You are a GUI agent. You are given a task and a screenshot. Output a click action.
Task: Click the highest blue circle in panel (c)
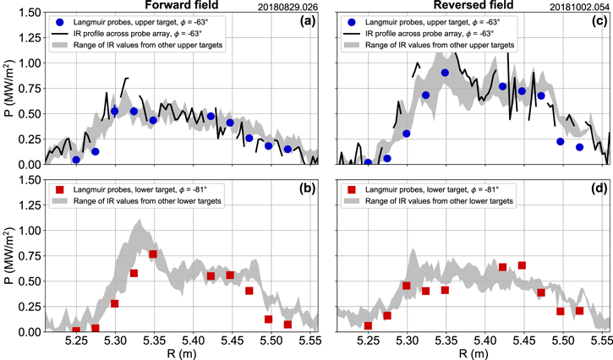[445, 73]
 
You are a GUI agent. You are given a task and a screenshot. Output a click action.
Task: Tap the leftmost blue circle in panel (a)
[77, 159]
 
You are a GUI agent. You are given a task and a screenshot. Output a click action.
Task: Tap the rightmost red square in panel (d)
[579, 311]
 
